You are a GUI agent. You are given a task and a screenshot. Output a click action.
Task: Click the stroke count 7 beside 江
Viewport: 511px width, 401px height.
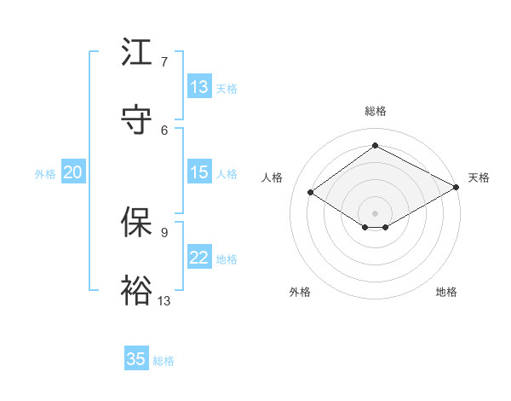(164, 62)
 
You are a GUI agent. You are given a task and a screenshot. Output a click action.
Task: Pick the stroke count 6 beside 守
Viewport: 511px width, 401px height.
(164, 129)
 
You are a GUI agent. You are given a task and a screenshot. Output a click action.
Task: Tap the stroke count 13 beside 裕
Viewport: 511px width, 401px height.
(164, 300)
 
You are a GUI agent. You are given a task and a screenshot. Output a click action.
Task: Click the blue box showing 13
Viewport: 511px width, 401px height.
(199, 87)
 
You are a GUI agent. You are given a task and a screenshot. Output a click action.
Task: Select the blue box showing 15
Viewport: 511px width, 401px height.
(199, 172)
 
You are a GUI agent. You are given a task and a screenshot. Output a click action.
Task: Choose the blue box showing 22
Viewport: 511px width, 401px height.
(199, 259)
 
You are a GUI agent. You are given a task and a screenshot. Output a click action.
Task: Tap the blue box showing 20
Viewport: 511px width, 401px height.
(72, 172)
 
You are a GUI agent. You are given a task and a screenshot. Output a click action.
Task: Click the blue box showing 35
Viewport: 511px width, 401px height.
(136, 359)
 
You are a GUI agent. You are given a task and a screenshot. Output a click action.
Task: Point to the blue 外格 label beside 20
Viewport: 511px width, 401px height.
(45, 173)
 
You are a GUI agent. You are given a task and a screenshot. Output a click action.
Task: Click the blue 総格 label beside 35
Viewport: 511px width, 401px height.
(164, 361)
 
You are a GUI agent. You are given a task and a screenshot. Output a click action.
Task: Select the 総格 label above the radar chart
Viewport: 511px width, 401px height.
(376, 111)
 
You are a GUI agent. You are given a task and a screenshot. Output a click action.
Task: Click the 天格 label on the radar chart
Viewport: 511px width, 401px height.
(479, 177)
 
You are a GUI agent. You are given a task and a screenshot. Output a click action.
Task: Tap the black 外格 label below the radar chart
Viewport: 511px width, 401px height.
(300, 292)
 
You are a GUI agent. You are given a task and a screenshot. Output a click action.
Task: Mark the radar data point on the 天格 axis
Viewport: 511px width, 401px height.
(457, 188)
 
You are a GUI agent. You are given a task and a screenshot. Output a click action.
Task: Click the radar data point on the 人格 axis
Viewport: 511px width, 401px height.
(311, 193)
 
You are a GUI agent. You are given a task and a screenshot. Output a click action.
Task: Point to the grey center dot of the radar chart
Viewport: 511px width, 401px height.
(376, 212)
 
